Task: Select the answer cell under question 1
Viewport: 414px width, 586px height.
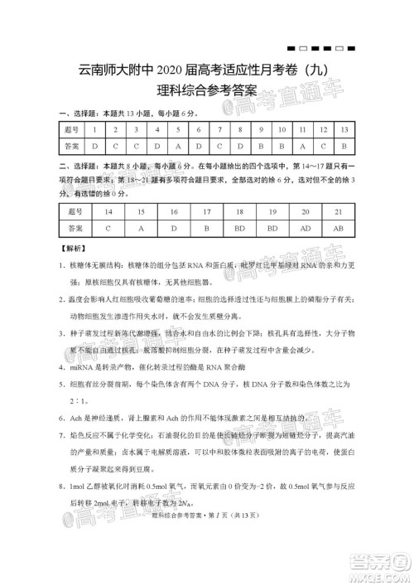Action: (x=94, y=146)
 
